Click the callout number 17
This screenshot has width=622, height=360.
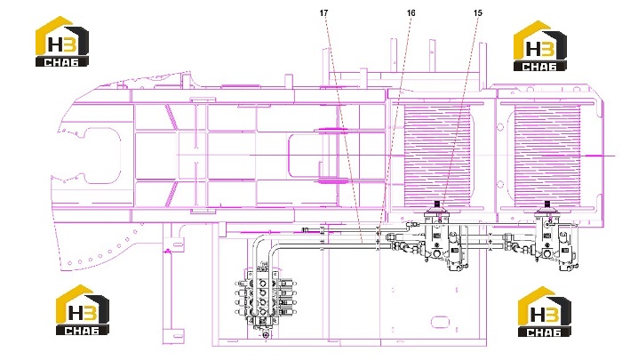[x=323, y=13]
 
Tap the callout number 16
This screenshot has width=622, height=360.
[x=411, y=13]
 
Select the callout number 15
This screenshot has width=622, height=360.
[x=478, y=13]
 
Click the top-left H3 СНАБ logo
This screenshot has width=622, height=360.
[x=62, y=41]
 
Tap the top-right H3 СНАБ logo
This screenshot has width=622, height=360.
[x=540, y=46]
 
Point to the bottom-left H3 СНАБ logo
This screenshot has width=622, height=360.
[x=82, y=310]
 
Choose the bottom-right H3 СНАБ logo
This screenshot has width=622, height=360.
[x=545, y=312]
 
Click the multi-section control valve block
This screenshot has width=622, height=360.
[x=265, y=298]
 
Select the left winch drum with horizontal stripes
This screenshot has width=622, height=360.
[x=437, y=156]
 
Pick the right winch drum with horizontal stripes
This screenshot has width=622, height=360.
[x=547, y=156]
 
